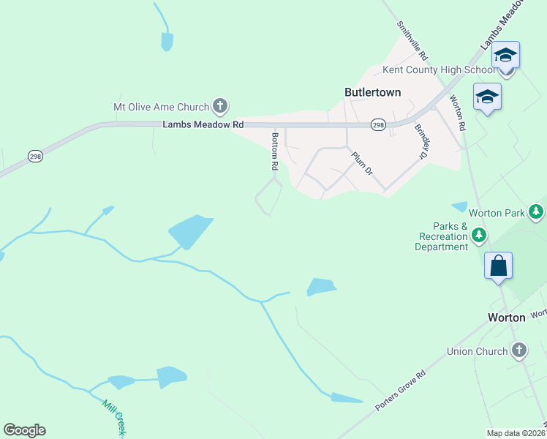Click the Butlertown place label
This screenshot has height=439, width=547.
[x=372, y=93]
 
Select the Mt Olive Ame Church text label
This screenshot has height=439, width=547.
[x=162, y=107]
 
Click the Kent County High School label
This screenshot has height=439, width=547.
[x=439, y=70]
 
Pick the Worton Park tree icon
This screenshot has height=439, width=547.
[x=537, y=212]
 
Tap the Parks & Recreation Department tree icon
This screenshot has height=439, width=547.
[x=479, y=235]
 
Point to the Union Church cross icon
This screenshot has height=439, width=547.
[x=519, y=350]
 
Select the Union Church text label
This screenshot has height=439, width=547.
[x=477, y=351]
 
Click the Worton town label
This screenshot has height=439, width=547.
[x=507, y=318]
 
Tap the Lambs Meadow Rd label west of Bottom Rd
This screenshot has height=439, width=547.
[x=203, y=125]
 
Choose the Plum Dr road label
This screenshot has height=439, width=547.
[x=362, y=162]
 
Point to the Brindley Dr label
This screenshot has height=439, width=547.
[x=420, y=142]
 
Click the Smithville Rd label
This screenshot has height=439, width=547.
[x=412, y=40]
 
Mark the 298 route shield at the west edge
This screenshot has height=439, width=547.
[x=35, y=156]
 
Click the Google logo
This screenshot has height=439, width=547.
[x=24, y=430]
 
